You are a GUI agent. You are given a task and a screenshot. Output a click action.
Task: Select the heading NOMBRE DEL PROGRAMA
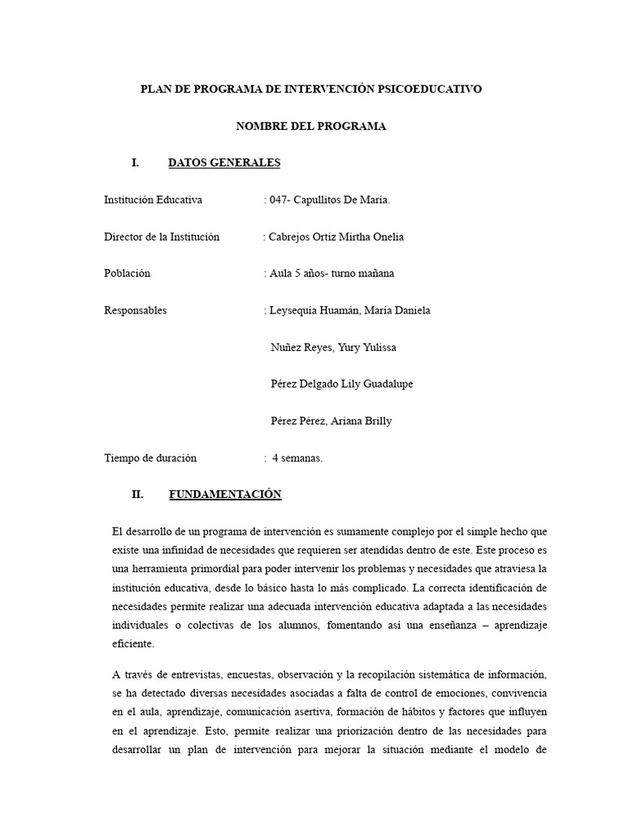coord(311,126)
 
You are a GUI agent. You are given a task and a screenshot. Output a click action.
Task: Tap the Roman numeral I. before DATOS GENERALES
coord(135,162)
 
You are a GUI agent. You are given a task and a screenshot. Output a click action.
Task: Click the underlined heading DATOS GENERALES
coord(223,162)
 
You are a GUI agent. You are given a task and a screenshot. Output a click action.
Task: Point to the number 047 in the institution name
coord(279,200)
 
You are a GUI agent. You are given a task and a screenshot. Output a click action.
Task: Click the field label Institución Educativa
coord(153,200)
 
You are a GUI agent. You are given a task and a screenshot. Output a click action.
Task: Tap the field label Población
coord(128,273)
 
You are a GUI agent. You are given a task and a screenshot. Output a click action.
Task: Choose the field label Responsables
coord(136,310)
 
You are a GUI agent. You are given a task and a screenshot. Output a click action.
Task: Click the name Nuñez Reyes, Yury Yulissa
coord(333,347)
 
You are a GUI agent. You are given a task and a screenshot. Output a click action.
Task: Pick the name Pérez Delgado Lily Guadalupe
coord(341,383)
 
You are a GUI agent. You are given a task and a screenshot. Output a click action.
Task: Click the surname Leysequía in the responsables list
coord(294,310)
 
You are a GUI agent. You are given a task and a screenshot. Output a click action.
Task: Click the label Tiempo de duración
coord(150,457)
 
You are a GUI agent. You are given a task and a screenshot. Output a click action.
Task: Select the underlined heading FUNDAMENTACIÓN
coord(225,494)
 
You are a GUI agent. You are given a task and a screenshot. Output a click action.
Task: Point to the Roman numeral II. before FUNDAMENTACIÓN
coord(136,494)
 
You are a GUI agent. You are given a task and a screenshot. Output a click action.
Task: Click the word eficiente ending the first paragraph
coord(132,643)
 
